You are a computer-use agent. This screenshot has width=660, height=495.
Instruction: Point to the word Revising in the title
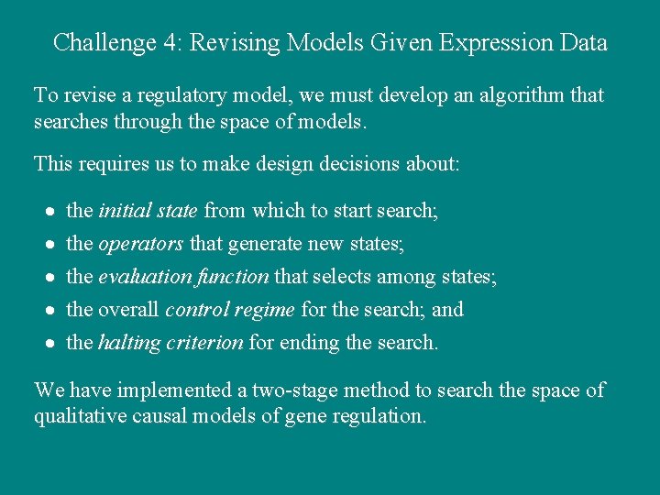pyautogui.click(x=234, y=43)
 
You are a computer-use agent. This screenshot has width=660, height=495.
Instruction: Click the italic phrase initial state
pyautogui.click(x=148, y=211)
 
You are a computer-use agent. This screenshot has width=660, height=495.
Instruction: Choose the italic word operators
pyautogui.click(x=141, y=244)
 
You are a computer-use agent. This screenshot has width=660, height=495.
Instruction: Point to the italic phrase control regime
pyautogui.click(x=230, y=310)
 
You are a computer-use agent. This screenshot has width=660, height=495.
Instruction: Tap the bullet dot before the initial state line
pyautogui.click(x=51, y=212)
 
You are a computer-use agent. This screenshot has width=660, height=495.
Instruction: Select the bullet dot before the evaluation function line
pyautogui.click(x=51, y=278)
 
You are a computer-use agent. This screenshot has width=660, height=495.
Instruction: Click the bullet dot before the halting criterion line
pyautogui.click(x=51, y=344)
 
